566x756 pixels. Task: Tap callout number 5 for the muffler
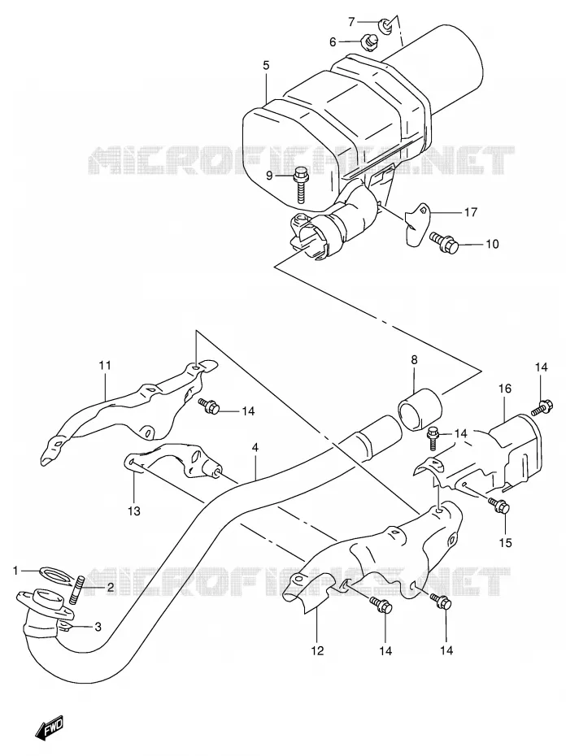267,65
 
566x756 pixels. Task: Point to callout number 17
471,211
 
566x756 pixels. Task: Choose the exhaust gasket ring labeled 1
54,575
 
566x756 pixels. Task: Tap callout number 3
98,627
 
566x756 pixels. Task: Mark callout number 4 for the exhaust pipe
255,447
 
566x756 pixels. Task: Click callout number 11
105,366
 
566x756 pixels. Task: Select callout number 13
134,511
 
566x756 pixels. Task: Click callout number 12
317,651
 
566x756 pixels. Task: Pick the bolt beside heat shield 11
208,406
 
